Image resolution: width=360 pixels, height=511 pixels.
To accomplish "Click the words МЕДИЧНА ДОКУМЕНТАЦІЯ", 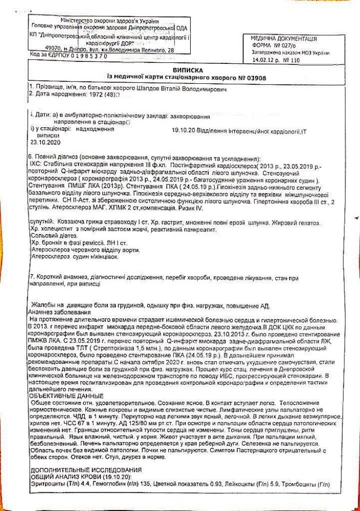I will [x=283, y=38].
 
